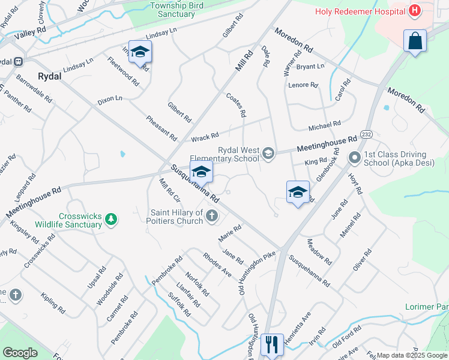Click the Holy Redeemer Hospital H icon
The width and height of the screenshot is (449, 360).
414,10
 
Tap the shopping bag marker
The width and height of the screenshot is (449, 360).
415,41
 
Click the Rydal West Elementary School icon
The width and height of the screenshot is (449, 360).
268,155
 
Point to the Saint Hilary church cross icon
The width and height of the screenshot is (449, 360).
211,215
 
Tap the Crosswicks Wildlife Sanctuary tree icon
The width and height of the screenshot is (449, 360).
110,220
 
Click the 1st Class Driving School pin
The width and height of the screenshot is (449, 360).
354,158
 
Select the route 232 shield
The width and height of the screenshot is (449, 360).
367,133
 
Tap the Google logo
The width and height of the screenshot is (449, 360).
20,353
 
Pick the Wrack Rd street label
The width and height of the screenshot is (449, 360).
205,137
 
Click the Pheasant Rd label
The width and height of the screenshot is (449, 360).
161,127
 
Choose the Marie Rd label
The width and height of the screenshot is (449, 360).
230,233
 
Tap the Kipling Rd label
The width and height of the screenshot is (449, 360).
53,303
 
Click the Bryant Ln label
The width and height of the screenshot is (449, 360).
310,66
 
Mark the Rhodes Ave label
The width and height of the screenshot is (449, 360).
217,264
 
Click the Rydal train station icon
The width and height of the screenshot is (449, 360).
19,61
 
